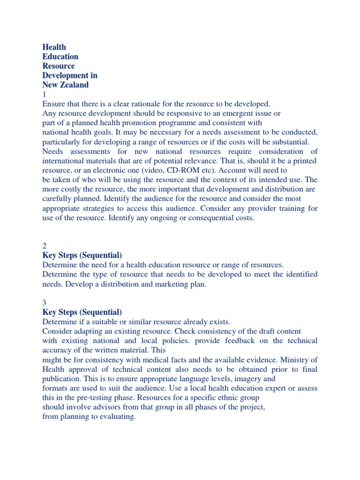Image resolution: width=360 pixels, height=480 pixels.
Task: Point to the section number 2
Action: tap(45, 246)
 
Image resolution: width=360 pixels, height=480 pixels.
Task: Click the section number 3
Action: tap(45, 303)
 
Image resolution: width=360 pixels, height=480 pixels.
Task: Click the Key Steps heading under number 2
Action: tap(82, 255)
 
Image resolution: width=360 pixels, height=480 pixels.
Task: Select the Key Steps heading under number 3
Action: tap(82, 312)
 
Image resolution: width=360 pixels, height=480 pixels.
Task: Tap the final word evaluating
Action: tap(118, 416)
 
